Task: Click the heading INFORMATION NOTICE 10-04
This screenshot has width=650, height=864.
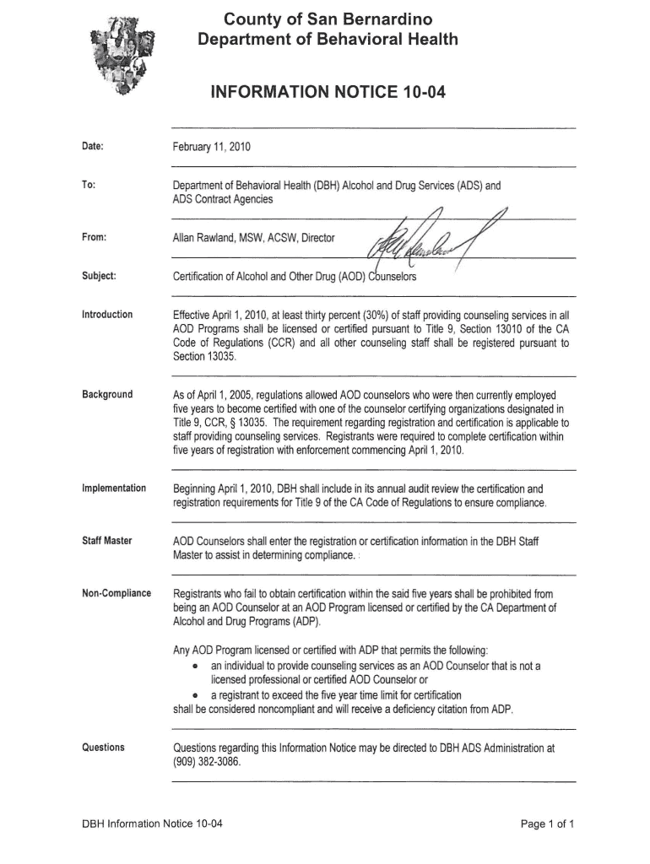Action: pyautogui.click(x=328, y=89)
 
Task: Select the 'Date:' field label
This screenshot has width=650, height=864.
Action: pyautogui.click(x=92, y=147)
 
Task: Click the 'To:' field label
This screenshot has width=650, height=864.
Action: pyautogui.click(x=88, y=186)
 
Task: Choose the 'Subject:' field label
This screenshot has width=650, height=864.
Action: pyautogui.click(x=99, y=276)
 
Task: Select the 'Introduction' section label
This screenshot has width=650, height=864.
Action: pyautogui.click(x=107, y=315)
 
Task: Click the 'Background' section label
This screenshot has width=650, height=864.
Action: pyautogui.click(x=107, y=395)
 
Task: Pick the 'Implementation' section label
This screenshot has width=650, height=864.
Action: pyautogui.click(x=114, y=489)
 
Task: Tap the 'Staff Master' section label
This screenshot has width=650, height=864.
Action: pyautogui.click(x=106, y=540)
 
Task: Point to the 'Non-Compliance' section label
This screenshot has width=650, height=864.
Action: pyautogui.click(x=116, y=593)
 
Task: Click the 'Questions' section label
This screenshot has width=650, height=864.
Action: pyautogui.click(x=103, y=748)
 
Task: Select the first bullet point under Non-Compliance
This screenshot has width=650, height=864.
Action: pyautogui.click(x=196, y=666)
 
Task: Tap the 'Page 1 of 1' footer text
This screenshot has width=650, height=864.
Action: pyautogui.click(x=548, y=823)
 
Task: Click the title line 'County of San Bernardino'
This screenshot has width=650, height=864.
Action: pyautogui.click(x=328, y=19)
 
